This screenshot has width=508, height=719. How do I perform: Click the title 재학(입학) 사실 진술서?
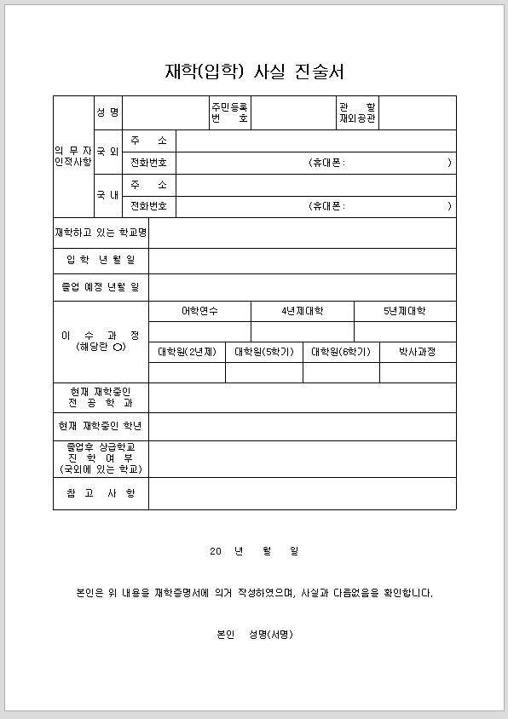click(x=254, y=72)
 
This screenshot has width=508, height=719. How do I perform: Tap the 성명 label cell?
click(x=108, y=112)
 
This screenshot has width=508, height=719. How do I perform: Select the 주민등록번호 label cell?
click(x=230, y=112)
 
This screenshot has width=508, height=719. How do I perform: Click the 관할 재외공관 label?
click(x=356, y=112)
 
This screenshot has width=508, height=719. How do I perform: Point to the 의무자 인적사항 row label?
click(x=73, y=156)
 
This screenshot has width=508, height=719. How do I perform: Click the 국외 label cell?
click(x=108, y=152)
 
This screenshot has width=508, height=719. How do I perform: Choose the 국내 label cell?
click(x=108, y=195)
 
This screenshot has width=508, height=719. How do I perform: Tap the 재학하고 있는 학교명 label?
click(x=101, y=233)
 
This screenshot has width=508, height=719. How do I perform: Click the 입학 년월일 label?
click(x=101, y=260)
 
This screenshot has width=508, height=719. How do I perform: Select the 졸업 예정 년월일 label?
click(x=101, y=287)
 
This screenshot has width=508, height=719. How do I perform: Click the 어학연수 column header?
click(x=199, y=311)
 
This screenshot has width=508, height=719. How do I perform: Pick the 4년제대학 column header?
click(x=303, y=311)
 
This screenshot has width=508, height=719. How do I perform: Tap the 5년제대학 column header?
click(x=405, y=311)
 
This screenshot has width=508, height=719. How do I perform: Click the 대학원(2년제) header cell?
click(x=187, y=352)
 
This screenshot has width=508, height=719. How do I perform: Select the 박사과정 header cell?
click(x=418, y=352)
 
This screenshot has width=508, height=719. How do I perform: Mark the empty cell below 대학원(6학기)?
click(x=341, y=372)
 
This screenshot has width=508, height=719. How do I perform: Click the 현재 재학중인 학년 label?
click(x=101, y=426)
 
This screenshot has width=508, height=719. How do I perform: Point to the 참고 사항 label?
click(x=101, y=493)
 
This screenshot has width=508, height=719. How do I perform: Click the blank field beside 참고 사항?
click(x=302, y=493)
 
